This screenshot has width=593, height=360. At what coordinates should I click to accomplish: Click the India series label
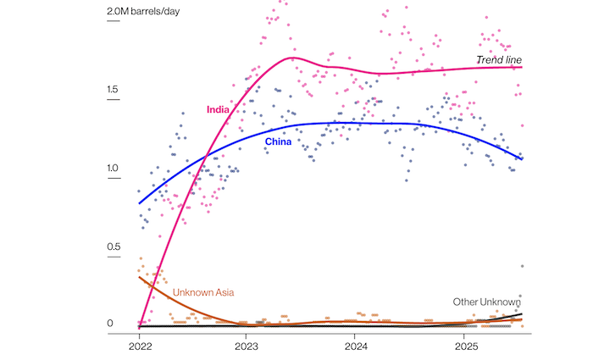click(219, 109)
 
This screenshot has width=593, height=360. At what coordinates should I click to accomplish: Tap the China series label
click(278, 141)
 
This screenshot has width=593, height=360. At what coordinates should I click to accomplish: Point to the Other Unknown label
click(486, 302)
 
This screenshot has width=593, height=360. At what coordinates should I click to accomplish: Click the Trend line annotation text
click(498, 58)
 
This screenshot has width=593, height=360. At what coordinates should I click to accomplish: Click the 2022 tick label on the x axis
click(139, 347)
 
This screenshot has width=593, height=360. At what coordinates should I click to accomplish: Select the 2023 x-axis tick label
click(247, 347)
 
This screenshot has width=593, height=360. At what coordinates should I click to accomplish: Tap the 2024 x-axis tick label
click(356, 347)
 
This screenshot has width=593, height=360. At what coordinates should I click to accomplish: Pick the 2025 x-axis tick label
click(465, 347)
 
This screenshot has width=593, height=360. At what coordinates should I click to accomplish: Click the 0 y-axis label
click(111, 324)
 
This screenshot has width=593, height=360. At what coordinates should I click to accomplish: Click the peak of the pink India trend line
click(292, 58)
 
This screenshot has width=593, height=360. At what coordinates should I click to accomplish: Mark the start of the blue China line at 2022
click(139, 203)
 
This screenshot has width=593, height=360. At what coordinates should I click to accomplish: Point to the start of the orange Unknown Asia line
click(139, 277)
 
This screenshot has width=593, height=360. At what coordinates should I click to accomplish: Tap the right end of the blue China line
click(523, 158)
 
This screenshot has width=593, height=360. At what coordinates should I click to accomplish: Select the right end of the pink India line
click(523, 67)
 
